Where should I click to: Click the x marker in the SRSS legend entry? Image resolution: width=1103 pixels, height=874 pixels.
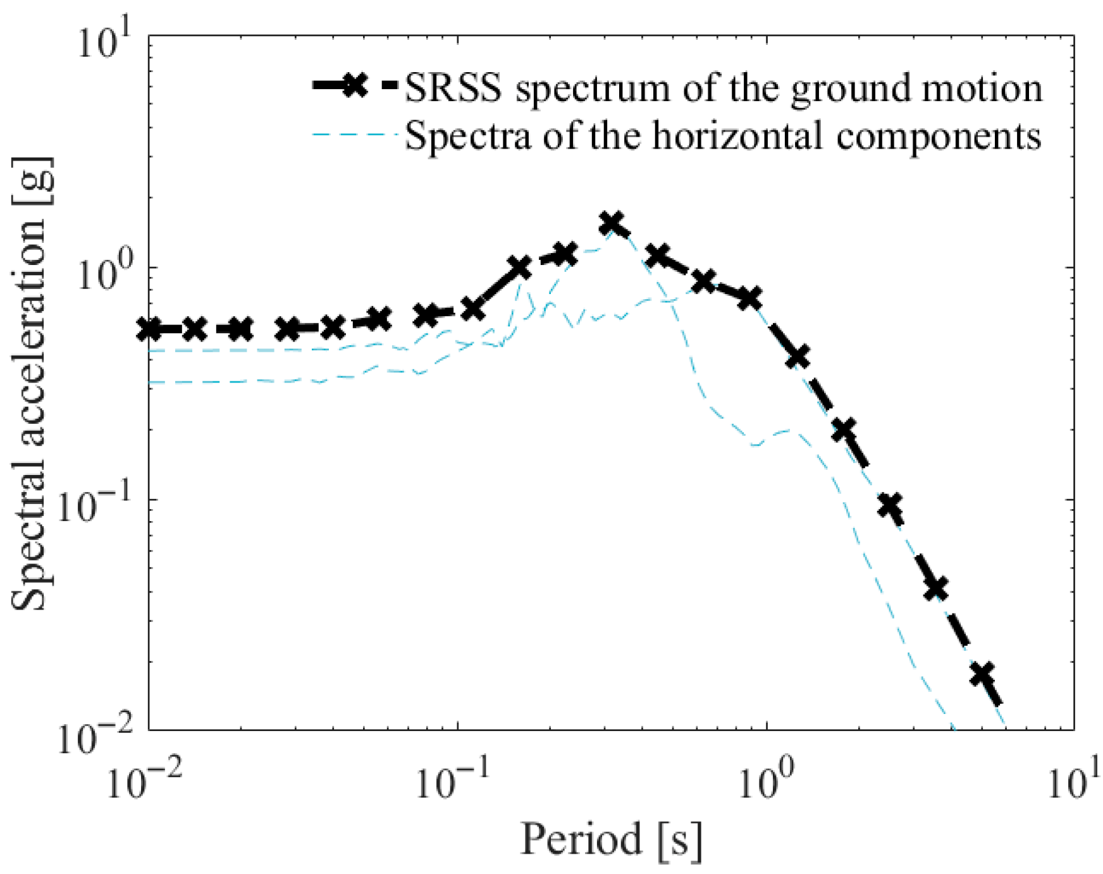[355, 85]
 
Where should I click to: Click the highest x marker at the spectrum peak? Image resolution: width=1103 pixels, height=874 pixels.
[612, 223]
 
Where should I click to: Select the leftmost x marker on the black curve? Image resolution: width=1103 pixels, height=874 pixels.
[151, 329]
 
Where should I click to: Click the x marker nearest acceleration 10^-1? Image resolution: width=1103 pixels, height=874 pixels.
[890, 505]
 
